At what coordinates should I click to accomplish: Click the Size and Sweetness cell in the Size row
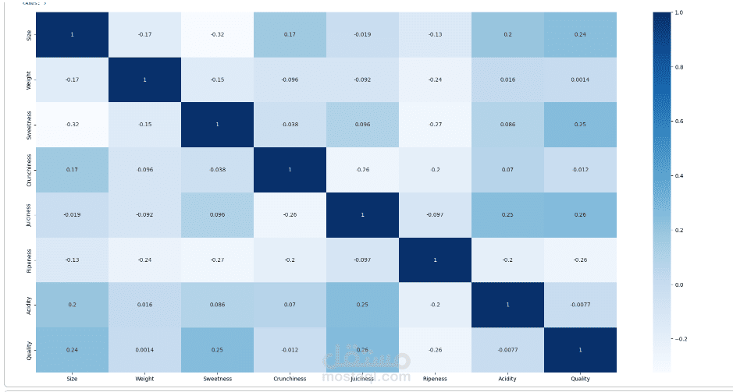tap(216, 34)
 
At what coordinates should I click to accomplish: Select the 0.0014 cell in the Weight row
tap(579, 79)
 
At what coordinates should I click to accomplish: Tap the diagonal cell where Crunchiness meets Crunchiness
tap(289, 169)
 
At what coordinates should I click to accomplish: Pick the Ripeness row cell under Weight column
tap(144, 260)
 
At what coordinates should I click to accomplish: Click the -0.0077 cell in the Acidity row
tap(579, 305)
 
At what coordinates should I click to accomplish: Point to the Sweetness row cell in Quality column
tap(579, 125)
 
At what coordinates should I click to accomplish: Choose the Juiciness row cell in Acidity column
tap(507, 214)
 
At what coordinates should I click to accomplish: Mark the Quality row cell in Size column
tap(71, 349)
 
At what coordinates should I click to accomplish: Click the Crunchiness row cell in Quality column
tap(579, 169)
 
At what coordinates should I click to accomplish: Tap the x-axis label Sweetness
tap(216, 379)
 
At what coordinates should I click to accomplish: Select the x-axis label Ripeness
tap(434, 379)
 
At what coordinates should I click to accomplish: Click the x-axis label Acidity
tap(507, 379)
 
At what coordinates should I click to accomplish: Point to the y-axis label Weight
tap(29, 79)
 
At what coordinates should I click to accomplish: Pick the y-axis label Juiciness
tap(29, 214)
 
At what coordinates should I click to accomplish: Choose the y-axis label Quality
tap(29, 349)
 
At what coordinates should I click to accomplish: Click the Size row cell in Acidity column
tap(507, 34)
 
